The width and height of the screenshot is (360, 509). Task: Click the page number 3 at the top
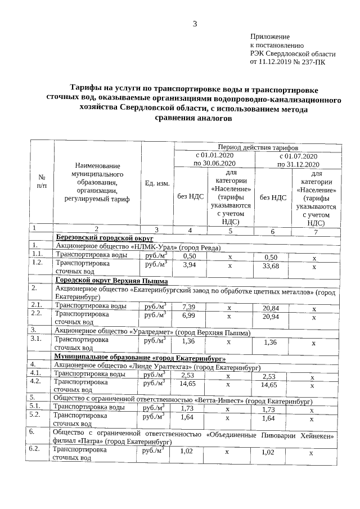click(x=195, y=24)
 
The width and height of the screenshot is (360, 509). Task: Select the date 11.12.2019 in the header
click(x=275, y=62)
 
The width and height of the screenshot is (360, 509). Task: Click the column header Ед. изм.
click(x=157, y=183)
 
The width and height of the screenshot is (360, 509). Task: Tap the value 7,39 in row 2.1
click(x=189, y=307)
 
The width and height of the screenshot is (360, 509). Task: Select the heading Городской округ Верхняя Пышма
click(x=110, y=280)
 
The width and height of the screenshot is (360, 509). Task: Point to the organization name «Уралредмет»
click(x=152, y=332)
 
